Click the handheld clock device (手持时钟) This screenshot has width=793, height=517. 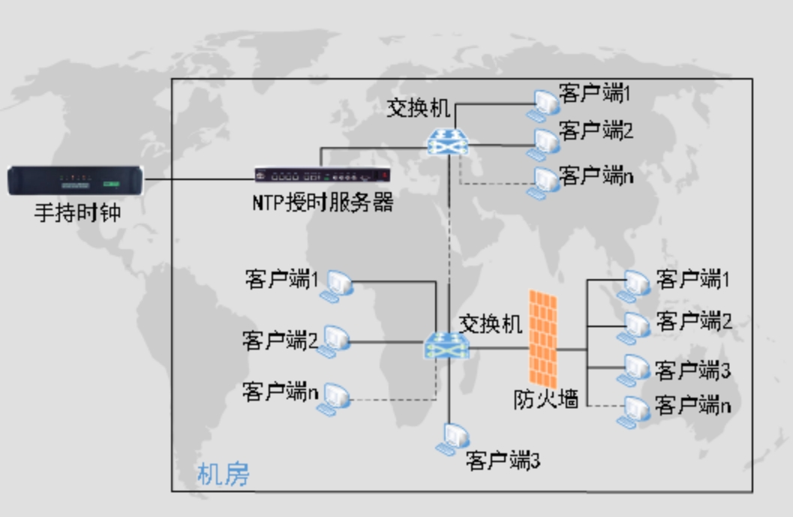[76, 182]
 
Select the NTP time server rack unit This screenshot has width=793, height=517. [322, 176]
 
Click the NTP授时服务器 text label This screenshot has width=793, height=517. [323, 203]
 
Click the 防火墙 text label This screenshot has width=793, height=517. [545, 398]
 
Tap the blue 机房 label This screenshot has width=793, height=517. [223, 474]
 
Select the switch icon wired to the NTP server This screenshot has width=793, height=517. [450, 141]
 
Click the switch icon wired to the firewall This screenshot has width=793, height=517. [447, 346]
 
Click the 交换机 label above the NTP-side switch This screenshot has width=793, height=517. [419, 108]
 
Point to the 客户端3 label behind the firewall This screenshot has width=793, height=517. [692, 370]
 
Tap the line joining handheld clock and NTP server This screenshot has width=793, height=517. [199, 179]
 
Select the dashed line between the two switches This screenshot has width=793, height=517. [450, 248]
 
